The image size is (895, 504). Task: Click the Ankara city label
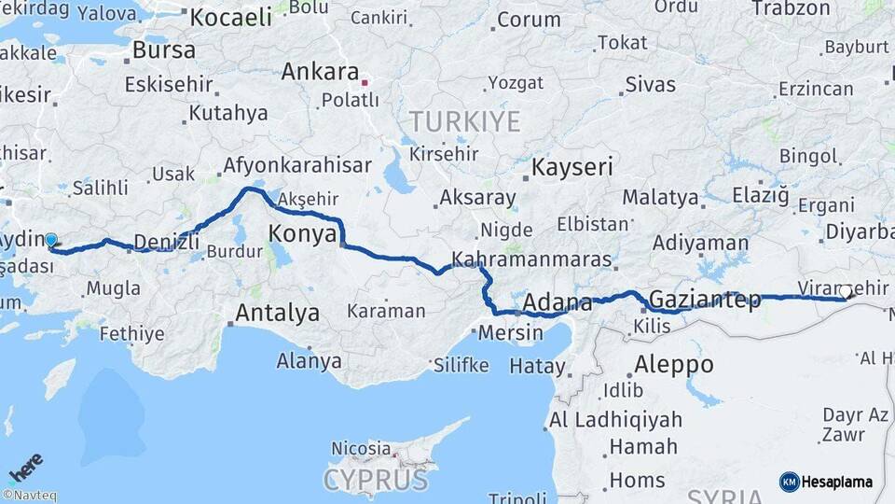(x=320, y=72)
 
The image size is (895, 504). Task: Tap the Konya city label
(x=302, y=233)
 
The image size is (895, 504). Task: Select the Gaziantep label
(x=704, y=301)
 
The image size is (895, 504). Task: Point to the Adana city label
(x=558, y=302)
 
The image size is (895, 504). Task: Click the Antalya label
(x=277, y=313)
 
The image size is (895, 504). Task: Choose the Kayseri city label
(x=572, y=168)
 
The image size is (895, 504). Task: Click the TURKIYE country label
(x=464, y=120)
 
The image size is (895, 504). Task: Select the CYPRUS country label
(x=376, y=480)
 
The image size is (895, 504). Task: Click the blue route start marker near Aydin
(x=50, y=240)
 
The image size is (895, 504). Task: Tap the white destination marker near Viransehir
(x=846, y=292)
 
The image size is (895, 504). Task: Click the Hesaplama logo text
(x=836, y=482)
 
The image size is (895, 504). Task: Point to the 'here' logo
(x=25, y=467)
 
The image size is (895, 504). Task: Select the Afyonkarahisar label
(x=296, y=166)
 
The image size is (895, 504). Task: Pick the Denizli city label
(x=167, y=242)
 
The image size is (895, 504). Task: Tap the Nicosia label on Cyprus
(x=361, y=449)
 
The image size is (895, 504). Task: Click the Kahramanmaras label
(x=531, y=259)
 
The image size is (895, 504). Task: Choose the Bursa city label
(x=164, y=49)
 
